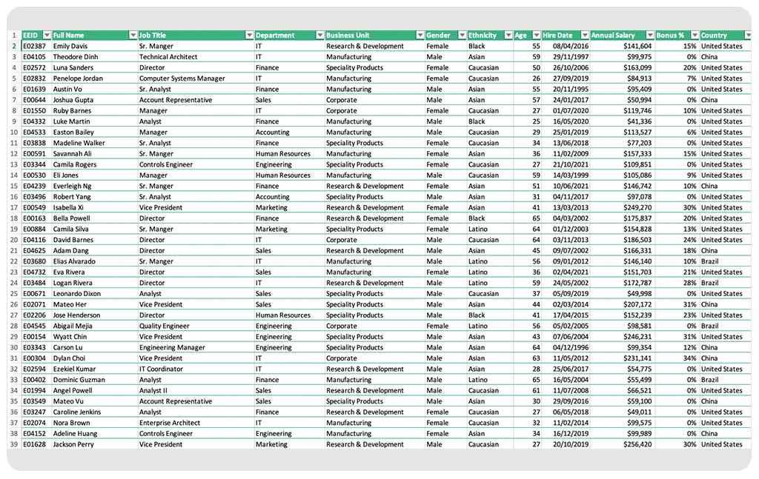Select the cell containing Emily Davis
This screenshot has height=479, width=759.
click(70, 46)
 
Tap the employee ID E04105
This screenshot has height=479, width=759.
click(33, 57)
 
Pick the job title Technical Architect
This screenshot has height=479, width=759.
click(168, 57)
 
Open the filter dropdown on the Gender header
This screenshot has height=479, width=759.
click(460, 36)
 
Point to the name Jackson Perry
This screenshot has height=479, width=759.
click(73, 445)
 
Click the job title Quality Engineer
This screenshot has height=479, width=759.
click(165, 326)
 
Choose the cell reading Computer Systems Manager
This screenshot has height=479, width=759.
click(182, 78)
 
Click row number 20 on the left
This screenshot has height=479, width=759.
click(13, 240)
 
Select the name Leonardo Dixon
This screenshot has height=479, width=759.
click(76, 294)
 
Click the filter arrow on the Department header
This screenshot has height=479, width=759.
click(319, 36)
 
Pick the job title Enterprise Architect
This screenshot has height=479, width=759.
click(170, 423)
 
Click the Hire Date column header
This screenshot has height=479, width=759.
click(557, 36)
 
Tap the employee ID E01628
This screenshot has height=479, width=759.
click(33, 445)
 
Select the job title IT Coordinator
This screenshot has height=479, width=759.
click(161, 369)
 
